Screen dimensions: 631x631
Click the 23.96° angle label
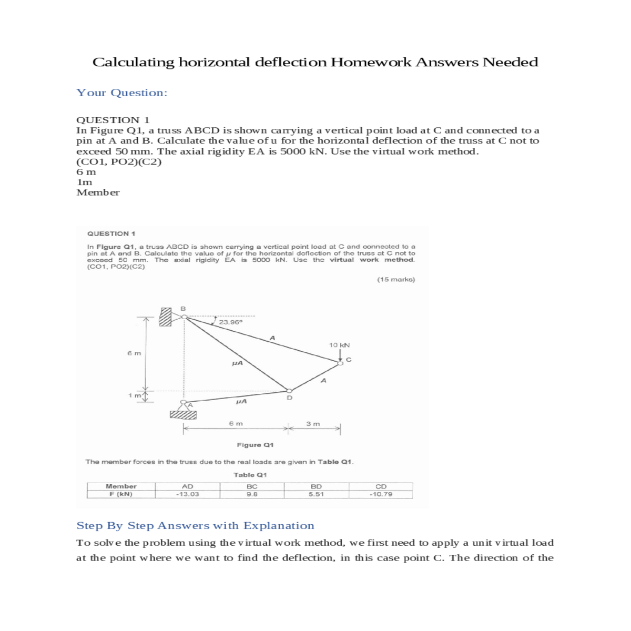[x=230, y=322]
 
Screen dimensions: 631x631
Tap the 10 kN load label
[x=339, y=345]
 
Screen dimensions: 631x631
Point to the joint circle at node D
[x=289, y=391]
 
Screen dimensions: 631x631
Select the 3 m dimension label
[x=313, y=424]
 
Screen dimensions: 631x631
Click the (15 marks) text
[x=396, y=279]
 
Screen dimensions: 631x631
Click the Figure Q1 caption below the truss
[x=255, y=445]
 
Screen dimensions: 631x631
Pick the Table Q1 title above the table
[x=250, y=475]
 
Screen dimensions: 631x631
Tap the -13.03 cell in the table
[x=187, y=494]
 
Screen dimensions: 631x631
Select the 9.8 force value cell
[x=252, y=494]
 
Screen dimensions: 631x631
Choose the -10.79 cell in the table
[x=381, y=494]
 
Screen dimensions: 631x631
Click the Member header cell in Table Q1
[x=121, y=486]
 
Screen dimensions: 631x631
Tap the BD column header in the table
[x=316, y=486]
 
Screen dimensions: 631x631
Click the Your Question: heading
[x=122, y=93]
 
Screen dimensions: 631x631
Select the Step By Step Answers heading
[x=195, y=526]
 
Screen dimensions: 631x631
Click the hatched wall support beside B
[x=166, y=317]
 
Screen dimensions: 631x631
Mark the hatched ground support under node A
[x=183, y=415]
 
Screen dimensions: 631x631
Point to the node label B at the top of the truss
[x=183, y=308]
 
